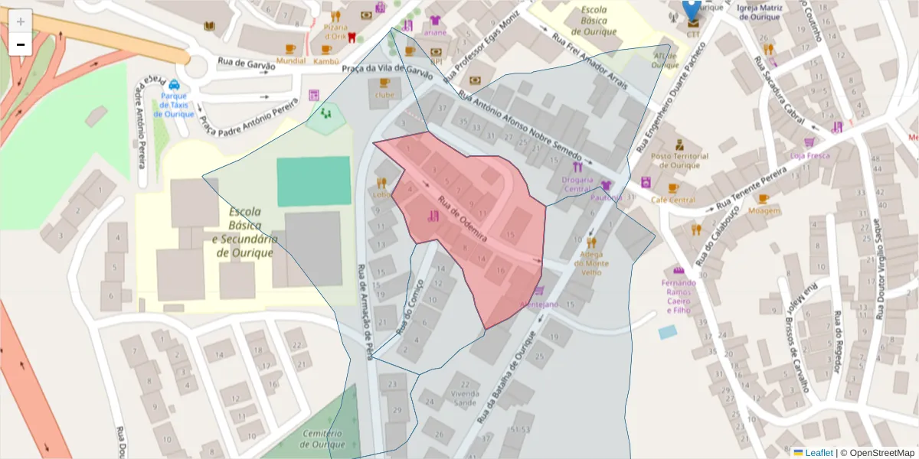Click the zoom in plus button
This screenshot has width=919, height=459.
21,21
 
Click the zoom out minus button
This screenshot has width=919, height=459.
21,45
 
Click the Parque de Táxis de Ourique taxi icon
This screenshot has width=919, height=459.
175,84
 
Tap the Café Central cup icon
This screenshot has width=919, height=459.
673,188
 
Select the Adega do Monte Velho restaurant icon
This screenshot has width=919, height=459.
590,243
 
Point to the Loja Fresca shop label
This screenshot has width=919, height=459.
809,155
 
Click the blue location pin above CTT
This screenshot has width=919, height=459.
692,9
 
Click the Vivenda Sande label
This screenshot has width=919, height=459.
465,398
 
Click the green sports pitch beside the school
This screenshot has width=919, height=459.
308,181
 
